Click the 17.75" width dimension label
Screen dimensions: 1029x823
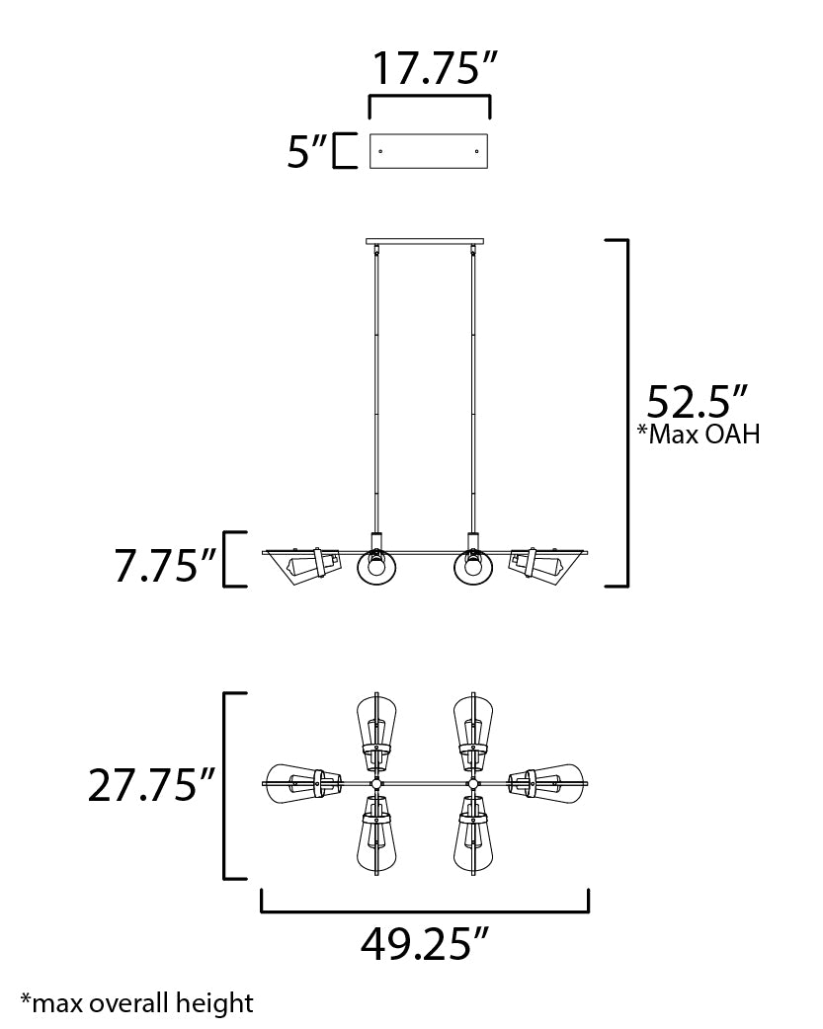pyautogui.click(x=433, y=68)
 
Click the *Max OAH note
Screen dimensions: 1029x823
pyautogui.click(x=700, y=435)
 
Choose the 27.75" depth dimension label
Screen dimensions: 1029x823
pyautogui.click(x=151, y=786)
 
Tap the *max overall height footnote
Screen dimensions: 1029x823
pyautogui.click(x=136, y=1003)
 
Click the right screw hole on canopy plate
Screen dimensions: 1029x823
pyautogui.click(x=477, y=151)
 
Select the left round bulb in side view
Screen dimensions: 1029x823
pyautogui.click(x=375, y=568)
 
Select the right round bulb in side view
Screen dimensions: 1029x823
pyautogui.click(x=473, y=568)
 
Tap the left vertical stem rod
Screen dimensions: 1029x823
pyautogui.click(x=375, y=395)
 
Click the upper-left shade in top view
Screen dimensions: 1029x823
pyautogui.click(x=375, y=729)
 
